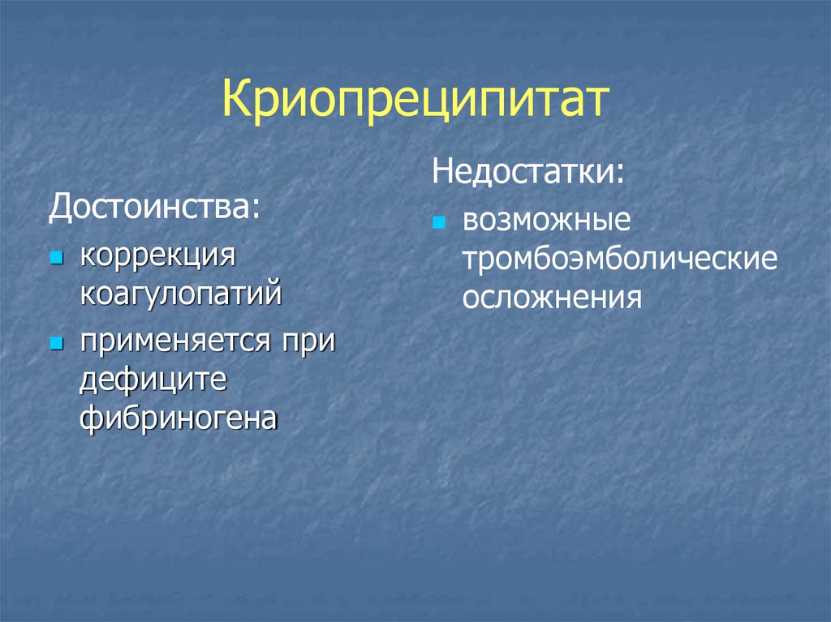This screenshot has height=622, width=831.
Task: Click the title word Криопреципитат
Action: point(415,102)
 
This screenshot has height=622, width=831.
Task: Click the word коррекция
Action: point(157,257)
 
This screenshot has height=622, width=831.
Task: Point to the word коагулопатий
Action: point(180,291)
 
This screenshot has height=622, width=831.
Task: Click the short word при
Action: point(308,341)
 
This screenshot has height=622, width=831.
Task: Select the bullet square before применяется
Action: point(56,343)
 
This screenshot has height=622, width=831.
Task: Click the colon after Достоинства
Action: point(257,209)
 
